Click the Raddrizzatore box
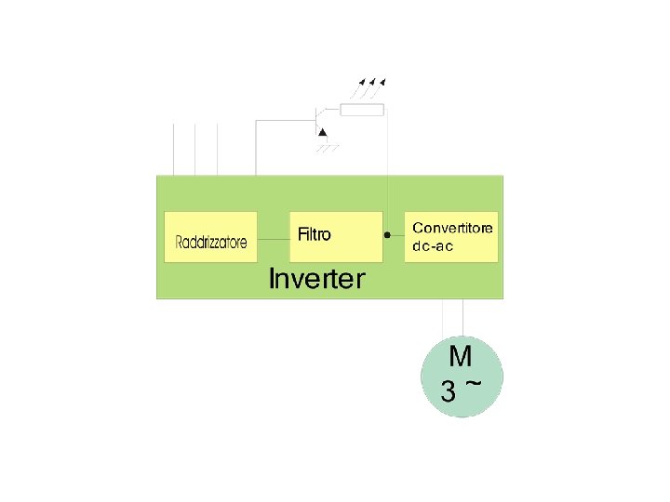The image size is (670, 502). coord(211,237)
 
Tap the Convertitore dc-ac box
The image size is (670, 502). coord(452,236)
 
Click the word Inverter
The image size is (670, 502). coord(316,278)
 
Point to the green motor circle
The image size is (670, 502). coord(462,376)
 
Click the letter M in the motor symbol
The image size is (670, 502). coord(460,356)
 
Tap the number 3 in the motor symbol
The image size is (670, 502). coord(449,392)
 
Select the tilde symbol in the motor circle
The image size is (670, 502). coord(474,382)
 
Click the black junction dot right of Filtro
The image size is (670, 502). coord(387,236)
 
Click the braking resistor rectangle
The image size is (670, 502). coord(362,112)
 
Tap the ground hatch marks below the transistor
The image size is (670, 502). coord(326,148)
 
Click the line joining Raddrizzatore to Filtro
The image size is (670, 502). coord(274,238)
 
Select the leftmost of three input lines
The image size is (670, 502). coord(175,149)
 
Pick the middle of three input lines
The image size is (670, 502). coord(195,149)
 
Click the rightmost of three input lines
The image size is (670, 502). coord(217,149)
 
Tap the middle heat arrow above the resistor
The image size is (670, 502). coord(369,87)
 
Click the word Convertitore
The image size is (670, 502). coord(453,228)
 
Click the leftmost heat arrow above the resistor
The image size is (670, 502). coord(358,87)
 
